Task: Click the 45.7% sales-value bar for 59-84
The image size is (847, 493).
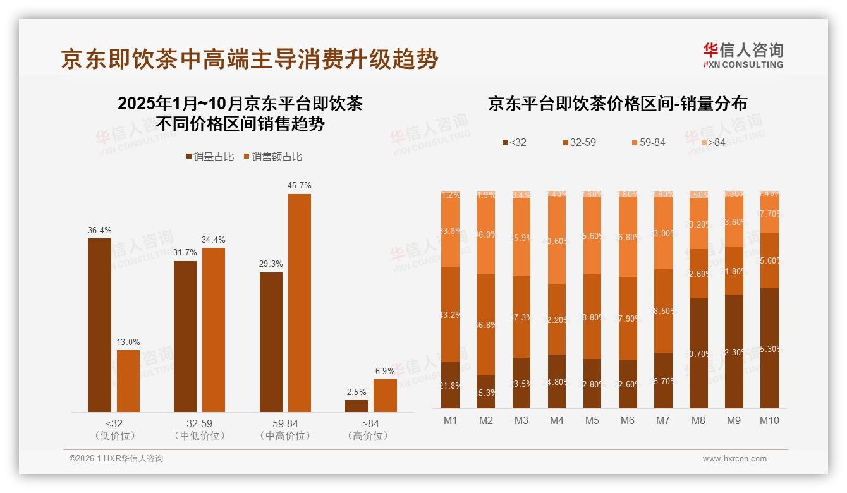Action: coord(300,303)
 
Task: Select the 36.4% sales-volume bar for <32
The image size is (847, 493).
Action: coord(99,325)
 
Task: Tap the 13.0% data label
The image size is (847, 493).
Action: coord(128,342)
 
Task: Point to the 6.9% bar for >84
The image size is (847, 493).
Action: coord(385,396)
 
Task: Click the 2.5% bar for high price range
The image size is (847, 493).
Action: coord(356,406)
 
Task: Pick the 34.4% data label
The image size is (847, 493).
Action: coord(214,240)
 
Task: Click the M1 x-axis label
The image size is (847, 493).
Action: coord(450,420)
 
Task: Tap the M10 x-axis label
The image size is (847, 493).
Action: coord(769,420)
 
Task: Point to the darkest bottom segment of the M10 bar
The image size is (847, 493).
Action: coord(769,348)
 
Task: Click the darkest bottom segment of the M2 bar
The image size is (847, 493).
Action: coord(486,392)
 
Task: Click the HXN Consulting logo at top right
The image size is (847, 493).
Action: coord(743,55)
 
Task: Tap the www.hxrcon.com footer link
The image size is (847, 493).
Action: coord(734,459)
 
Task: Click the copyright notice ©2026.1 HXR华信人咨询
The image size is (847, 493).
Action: coord(116,459)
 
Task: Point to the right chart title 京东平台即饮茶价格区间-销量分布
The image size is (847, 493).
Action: coord(617,104)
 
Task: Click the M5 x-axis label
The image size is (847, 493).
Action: coord(592,420)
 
